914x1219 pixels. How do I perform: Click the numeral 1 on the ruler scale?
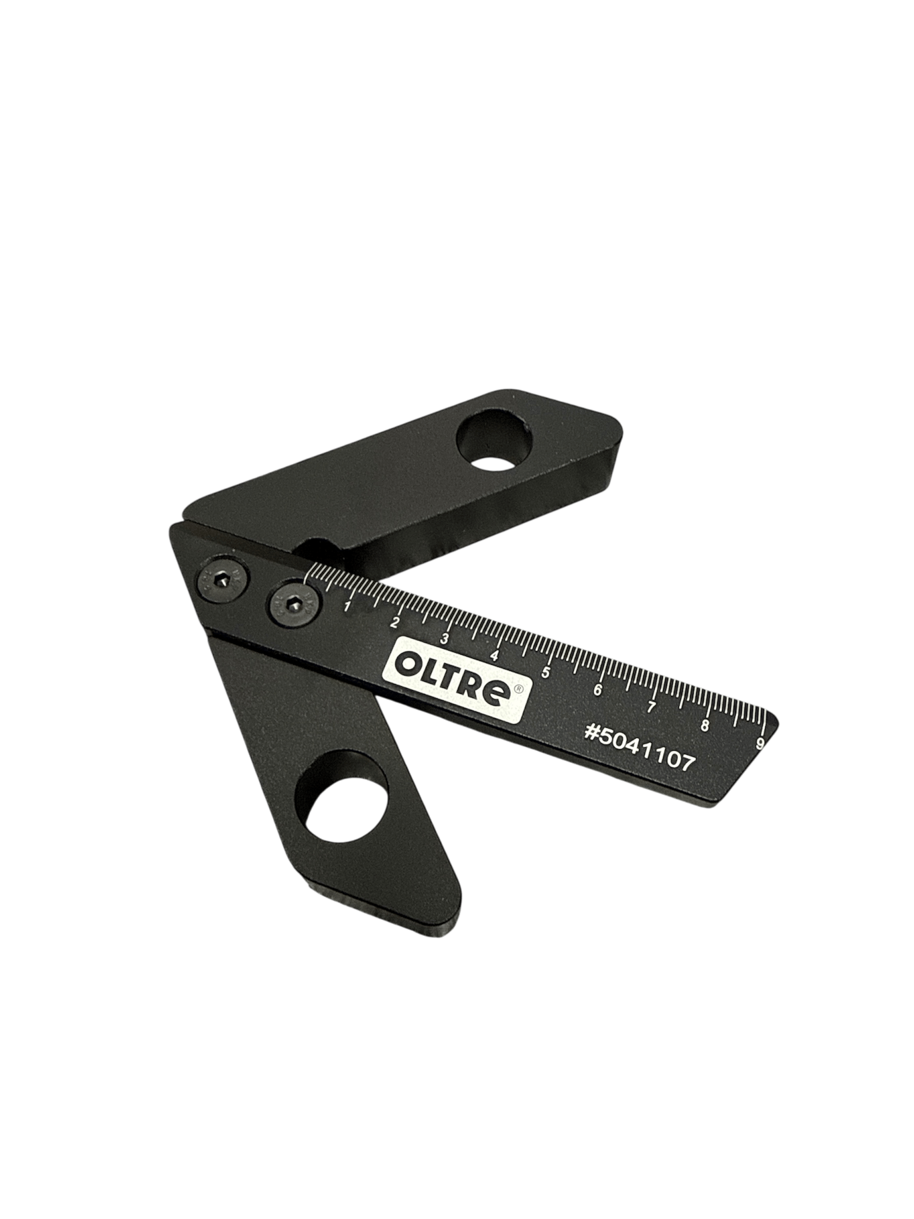click(348, 607)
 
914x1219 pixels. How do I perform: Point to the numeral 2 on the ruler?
click(395, 623)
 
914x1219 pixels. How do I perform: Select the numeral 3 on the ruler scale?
click(444, 639)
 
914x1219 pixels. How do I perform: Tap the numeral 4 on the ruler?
click(495, 656)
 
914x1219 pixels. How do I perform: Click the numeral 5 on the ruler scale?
click(546, 672)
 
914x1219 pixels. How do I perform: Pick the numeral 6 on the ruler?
click(598, 690)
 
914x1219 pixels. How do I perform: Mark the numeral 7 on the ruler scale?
click(650, 707)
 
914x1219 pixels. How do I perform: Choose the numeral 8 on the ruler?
click(705, 725)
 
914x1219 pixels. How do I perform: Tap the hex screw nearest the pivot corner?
click(224, 583)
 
